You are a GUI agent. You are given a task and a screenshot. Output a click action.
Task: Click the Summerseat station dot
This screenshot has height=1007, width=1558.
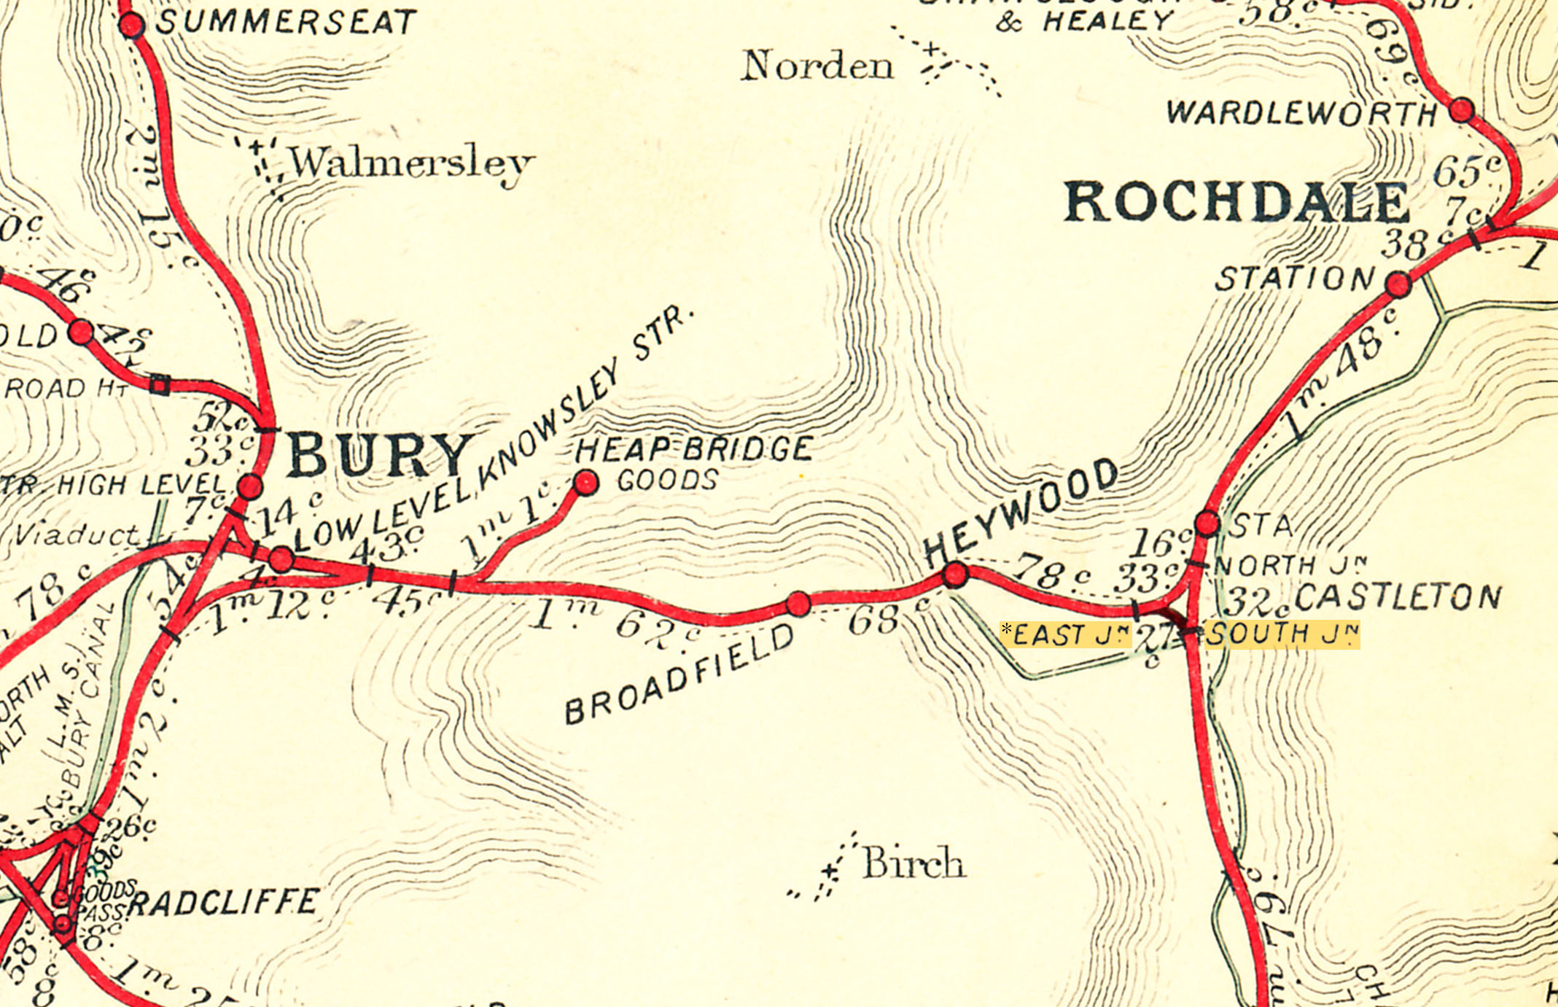pos(132,26)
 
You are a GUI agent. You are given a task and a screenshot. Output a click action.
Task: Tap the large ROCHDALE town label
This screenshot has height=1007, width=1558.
pos(1236,202)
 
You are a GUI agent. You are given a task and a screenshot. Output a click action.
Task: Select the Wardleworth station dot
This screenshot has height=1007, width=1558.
pos(1461,111)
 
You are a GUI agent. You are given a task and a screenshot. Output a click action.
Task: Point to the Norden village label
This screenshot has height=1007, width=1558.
pos(817,66)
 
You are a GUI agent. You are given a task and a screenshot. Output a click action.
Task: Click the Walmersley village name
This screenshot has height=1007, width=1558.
pos(412,163)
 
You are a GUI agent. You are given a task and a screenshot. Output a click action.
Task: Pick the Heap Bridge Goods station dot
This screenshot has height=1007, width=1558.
pos(586,482)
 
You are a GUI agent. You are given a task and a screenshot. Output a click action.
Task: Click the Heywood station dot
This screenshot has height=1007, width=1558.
pos(955,574)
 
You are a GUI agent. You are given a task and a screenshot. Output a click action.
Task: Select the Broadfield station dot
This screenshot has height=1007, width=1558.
pos(798,604)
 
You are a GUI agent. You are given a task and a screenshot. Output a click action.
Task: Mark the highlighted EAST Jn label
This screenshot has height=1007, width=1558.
pos(1066,634)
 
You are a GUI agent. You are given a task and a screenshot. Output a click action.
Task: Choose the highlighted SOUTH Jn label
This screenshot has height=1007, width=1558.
pos(1281,634)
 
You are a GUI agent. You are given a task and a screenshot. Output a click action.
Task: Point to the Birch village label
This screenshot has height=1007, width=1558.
pos(914,863)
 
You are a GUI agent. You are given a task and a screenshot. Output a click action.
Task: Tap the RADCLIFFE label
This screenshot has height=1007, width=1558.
pos(223,902)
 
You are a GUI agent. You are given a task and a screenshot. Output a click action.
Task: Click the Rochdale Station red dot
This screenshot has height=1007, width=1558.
pos(1398,284)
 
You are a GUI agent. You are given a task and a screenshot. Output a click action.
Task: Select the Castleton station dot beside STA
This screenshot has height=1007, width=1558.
pos(1207,523)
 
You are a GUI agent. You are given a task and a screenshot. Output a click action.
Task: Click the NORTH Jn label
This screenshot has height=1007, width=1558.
pos(1290,564)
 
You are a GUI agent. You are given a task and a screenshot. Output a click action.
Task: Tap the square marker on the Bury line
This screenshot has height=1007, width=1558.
pos(160,384)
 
